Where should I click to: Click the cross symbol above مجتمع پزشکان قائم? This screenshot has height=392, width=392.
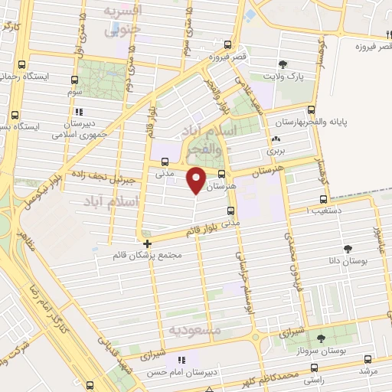pos(147,243)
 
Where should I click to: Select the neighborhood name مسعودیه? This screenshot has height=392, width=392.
pos(194,329)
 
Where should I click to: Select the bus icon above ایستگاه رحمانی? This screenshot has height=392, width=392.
pos(22,64)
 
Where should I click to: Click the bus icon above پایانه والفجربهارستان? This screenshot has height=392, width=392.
pos(311,109)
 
